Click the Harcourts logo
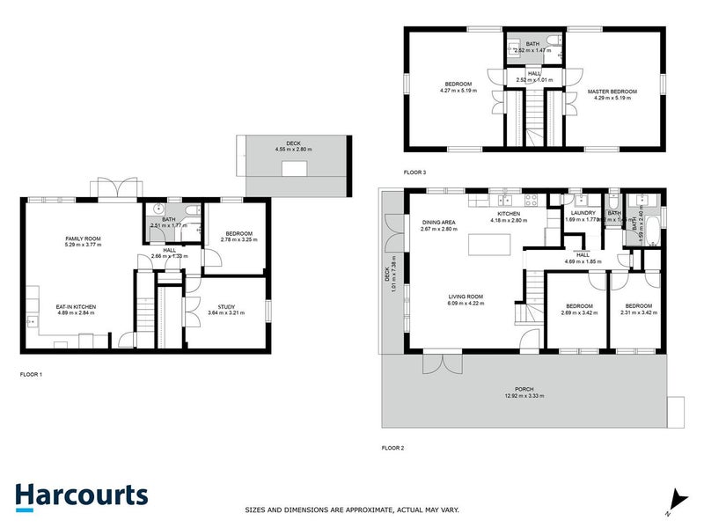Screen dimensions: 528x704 [81, 495]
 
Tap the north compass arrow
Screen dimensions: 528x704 [675, 499]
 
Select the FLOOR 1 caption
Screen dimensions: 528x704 [31, 374]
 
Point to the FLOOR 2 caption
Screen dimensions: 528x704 [392, 448]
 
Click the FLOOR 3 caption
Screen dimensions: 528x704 [414, 172]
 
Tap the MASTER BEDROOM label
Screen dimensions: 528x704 [612, 92]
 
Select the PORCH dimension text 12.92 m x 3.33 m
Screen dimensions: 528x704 [524, 396]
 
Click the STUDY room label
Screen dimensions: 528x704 [225, 306]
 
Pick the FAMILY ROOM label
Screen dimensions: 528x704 [81, 238]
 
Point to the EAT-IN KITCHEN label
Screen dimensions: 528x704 [77, 306]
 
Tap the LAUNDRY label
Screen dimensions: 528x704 [583, 212]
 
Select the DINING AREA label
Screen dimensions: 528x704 [437, 223]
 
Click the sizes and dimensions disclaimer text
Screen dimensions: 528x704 [352, 510]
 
